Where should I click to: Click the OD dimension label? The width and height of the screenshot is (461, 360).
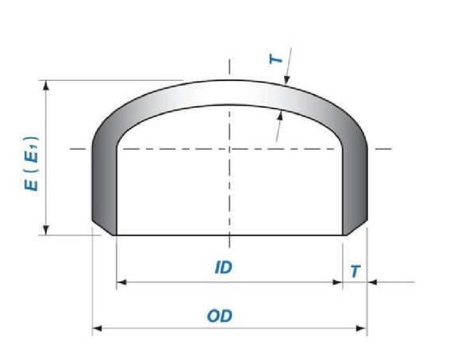(219, 316)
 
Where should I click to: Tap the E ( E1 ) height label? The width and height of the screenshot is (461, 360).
(31, 164)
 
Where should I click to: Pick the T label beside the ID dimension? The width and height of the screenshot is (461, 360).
(355, 271)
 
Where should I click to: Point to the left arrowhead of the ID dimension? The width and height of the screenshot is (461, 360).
(121, 281)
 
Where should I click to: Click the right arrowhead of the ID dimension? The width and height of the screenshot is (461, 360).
(339, 281)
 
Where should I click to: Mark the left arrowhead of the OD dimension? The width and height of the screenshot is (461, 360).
(98, 327)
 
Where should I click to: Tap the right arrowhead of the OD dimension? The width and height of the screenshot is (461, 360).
(363, 327)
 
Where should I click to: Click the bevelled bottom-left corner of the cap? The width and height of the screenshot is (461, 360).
(106, 230)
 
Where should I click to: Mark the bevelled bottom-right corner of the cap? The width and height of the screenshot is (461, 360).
(355, 230)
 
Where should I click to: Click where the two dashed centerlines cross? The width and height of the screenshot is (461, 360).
(230, 148)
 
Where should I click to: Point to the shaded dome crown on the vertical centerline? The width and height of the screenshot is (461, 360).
(230, 93)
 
